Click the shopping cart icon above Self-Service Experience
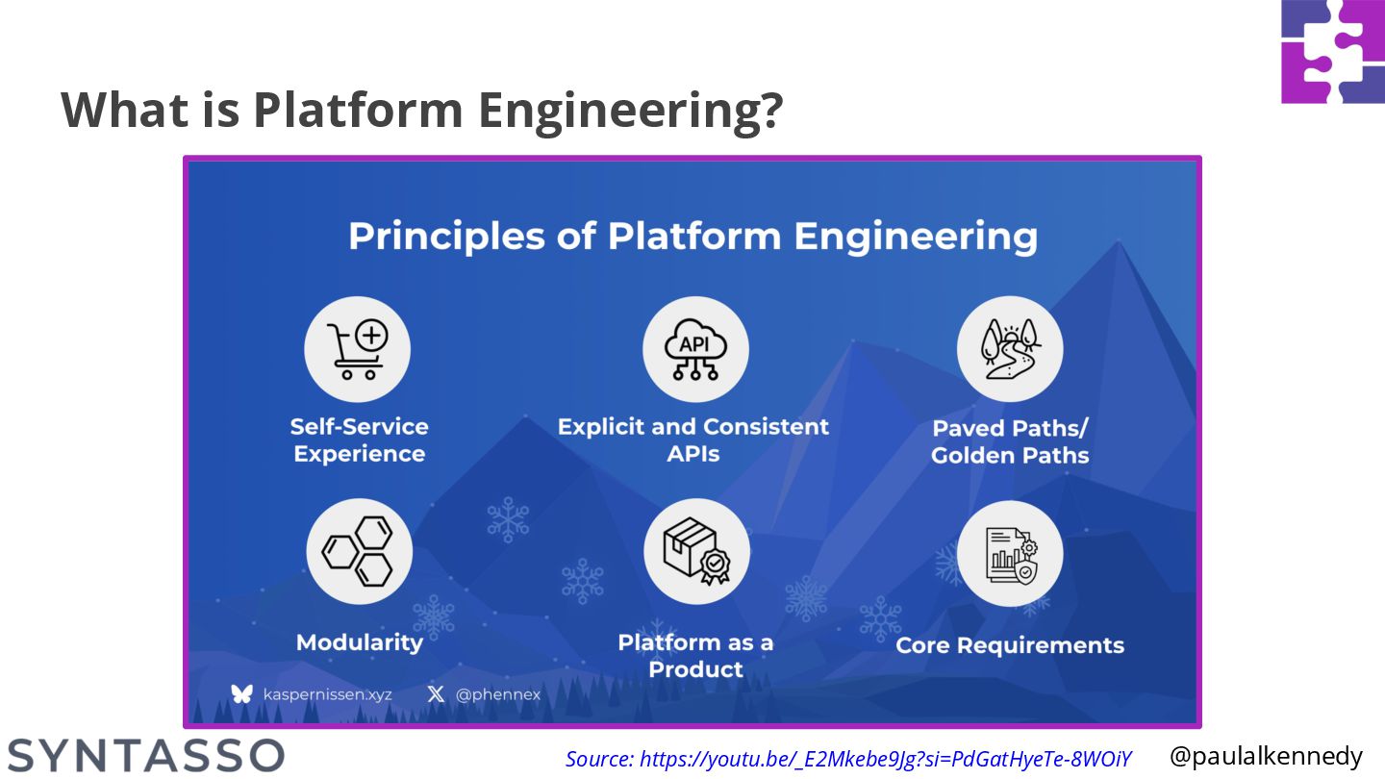358,349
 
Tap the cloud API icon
695,349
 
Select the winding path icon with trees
1010,349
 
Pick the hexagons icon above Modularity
359,551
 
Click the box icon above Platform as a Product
696,552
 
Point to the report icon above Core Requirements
1010,554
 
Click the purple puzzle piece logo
1333,51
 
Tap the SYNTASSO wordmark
146,756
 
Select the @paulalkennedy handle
1266,756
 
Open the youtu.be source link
848,759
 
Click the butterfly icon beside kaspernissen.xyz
241,693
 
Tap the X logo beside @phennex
436,693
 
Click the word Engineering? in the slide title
629,110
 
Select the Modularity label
360,642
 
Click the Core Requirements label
1010,645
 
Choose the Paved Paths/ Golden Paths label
1010,441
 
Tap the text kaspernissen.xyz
327,694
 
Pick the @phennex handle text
498,694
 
